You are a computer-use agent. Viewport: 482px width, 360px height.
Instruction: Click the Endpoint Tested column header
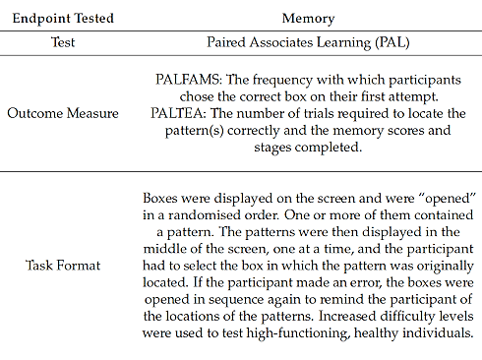pyautogui.click(x=64, y=19)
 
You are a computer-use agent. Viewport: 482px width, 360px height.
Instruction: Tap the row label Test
pyautogui.click(x=64, y=43)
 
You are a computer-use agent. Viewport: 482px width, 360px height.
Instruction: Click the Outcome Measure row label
pyautogui.click(x=64, y=113)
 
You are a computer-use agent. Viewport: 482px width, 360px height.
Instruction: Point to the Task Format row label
pyautogui.click(x=64, y=265)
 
